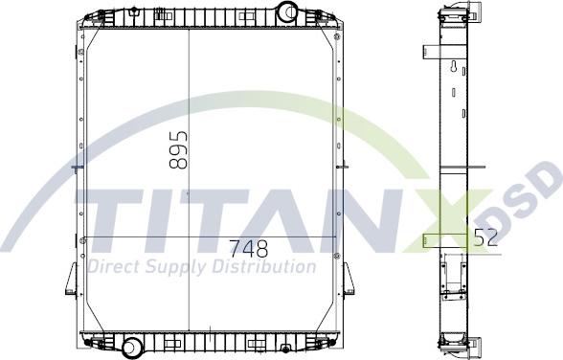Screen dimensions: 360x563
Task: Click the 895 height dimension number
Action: tap(178, 149)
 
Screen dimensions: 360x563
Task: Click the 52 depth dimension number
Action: tap(485, 239)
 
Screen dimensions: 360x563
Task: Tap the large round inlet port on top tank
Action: tap(287, 12)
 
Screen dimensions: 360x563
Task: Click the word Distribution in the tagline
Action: tap(264, 266)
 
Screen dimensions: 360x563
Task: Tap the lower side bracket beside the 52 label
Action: tap(430, 239)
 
